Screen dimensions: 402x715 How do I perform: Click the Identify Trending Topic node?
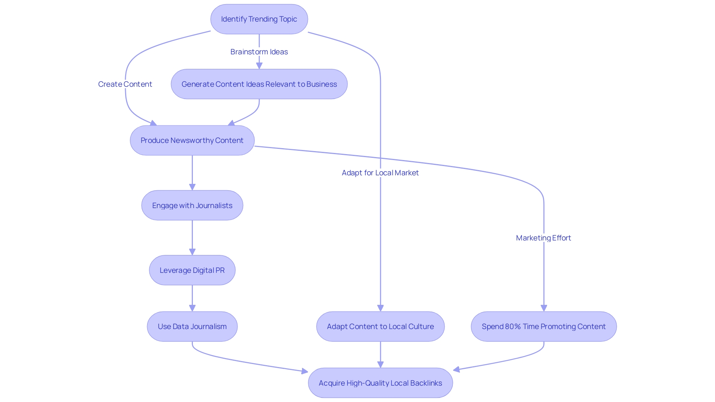point(259,19)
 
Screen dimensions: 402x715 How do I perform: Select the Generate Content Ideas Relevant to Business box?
point(259,84)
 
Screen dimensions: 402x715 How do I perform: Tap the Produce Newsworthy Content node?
point(192,140)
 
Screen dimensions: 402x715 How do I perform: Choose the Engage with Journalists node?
point(192,205)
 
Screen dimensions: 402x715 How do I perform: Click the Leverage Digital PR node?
point(192,270)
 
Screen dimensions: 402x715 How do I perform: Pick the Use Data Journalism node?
point(192,326)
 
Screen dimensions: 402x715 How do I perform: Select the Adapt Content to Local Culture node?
point(380,326)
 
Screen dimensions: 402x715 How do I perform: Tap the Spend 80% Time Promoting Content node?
point(544,326)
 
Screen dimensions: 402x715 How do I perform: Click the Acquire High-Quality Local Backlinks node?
point(380,383)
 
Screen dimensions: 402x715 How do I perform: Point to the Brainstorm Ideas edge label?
point(259,52)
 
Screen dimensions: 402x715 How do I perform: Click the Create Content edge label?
point(125,84)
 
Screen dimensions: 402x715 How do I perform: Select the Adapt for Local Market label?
point(380,173)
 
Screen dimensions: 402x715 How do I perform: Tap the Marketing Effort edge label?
point(543,238)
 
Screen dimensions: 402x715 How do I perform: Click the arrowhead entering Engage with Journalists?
point(192,187)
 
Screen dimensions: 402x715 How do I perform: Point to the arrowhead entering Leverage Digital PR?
point(192,252)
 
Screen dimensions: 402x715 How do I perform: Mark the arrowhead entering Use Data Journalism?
point(192,308)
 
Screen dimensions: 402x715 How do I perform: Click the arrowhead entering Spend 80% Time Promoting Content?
point(544,308)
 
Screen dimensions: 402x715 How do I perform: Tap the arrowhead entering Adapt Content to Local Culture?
point(380,308)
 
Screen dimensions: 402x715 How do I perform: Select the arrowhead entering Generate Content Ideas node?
point(259,66)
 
